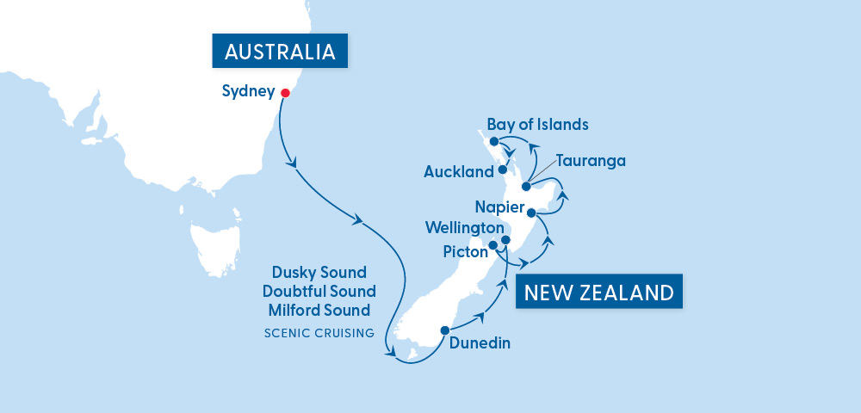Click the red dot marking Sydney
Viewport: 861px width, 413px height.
[x=284, y=92]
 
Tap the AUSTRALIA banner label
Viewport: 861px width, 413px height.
[x=279, y=52]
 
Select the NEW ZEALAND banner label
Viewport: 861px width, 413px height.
[x=598, y=293]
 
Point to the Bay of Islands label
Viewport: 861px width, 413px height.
[x=537, y=125]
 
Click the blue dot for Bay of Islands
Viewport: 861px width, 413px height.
[x=493, y=141]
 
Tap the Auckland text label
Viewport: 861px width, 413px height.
[x=459, y=172]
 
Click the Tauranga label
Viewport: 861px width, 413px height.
[x=590, y=161]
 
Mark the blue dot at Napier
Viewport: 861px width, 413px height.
[x=531, y=212]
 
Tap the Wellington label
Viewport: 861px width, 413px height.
[x=464, y=228]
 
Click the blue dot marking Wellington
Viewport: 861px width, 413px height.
[x=506, y=240]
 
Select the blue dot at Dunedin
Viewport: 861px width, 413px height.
[x=444, y=330]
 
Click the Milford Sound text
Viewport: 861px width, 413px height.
[x=319, y=310]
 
